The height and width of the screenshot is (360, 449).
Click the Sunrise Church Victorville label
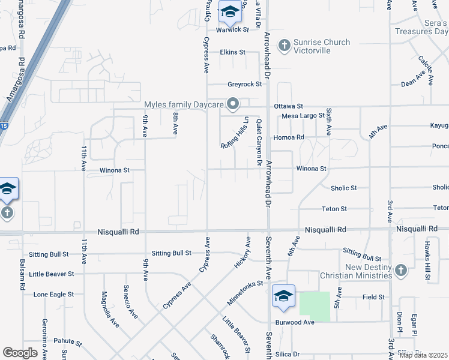[321, 47]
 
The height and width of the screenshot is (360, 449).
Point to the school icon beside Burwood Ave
[283, 296]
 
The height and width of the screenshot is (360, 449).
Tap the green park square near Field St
[315, 306]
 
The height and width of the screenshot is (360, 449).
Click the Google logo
[20, 353]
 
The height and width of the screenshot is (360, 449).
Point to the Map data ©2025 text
[423, 355]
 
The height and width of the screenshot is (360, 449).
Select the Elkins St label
[232, 52]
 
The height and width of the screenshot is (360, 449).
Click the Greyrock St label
[244, 85]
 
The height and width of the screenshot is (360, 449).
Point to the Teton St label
[334, 209]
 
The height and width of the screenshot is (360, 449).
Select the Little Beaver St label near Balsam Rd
[51, 274]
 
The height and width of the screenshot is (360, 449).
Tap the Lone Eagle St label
[53, 295]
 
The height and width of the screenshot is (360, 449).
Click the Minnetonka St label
[245, 292]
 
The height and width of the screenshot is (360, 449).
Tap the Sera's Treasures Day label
[421, 27]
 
